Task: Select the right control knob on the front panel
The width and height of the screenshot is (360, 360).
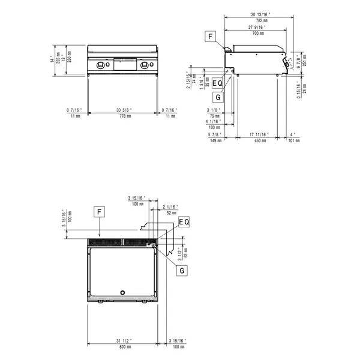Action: point(145,65)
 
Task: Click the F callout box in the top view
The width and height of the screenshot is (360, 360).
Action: point(100,211)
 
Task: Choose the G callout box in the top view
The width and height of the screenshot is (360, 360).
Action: point(181,271)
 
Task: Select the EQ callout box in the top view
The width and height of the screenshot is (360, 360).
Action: point(184,222)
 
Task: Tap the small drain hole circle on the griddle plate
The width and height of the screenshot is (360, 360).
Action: point(124,293)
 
